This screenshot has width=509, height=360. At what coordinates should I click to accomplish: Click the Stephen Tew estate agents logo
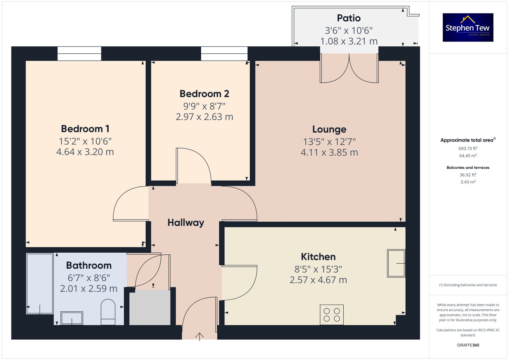click(468, 27)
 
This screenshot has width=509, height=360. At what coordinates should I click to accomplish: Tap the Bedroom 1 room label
click(85, 129)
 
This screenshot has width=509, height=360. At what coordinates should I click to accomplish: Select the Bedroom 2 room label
click(204, 94)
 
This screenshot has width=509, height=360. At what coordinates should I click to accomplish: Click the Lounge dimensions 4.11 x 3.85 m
click(329, 152)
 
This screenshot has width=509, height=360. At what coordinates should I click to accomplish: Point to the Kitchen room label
click(318, 257)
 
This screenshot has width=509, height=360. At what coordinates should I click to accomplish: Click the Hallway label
click(186, 223)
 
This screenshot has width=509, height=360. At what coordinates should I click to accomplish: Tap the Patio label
click(349, 18)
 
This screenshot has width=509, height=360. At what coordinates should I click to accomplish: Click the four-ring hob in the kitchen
click(332, 315)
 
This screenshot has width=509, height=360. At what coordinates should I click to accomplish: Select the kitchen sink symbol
click(396, 263)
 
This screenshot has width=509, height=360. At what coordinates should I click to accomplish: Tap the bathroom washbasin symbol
click(72, 318)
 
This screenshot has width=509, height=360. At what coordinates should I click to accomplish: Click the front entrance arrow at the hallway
click(200, 336)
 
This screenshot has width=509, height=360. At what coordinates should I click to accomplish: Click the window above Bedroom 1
click(79, 54)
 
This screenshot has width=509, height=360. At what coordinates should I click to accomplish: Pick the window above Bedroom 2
click(224, 54)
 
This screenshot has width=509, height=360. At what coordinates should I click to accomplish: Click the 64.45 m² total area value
click(468, 156)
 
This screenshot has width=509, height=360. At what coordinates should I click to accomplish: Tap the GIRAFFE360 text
click(468, 345)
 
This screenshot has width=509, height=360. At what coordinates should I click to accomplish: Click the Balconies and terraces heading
click(468, 167)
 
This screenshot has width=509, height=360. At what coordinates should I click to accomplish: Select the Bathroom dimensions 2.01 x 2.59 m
click(89, 289)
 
